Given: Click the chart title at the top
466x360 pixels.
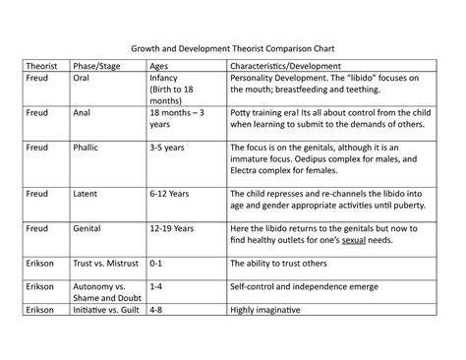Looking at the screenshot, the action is (x=232, y=48).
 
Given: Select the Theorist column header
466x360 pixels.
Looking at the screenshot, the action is (x=41, y=65).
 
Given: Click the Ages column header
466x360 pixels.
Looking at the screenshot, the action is (x=159, y=65).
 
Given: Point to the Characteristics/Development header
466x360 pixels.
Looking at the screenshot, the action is (x=289, y=65).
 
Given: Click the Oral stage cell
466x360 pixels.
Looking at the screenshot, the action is (x=82, y=78).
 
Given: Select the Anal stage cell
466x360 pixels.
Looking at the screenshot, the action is (x=83, y=113).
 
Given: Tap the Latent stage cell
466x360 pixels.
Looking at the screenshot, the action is (x=86, y=194).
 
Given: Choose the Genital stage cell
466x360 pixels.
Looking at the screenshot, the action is (x=87, y=229).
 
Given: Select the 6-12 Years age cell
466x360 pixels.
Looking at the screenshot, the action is (x=168, y=194).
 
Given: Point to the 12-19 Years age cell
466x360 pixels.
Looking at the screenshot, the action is (x=170, y=229).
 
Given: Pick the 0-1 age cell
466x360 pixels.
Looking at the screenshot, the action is (x=155, y=265).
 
